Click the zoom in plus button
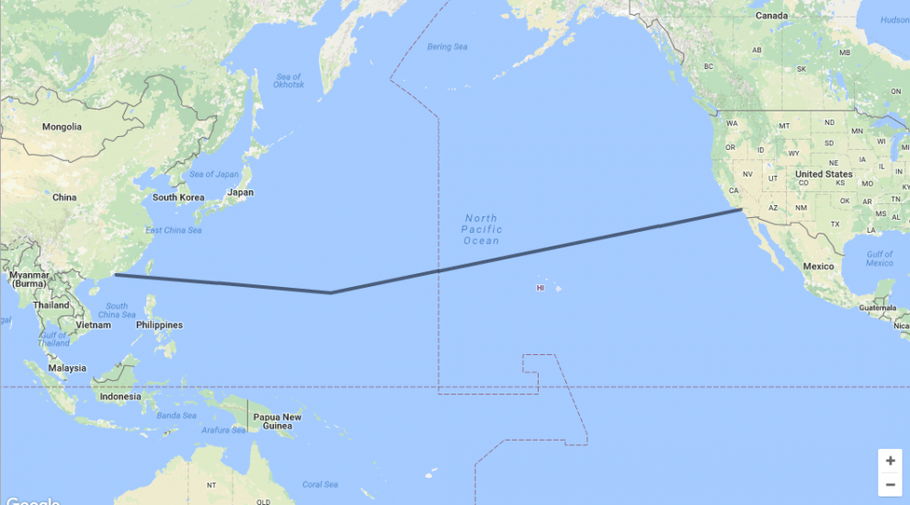890,461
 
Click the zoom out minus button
890,484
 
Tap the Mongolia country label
62,127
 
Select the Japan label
240,192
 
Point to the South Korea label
178,198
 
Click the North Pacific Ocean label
482,229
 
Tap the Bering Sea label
447,47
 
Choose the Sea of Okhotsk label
289,81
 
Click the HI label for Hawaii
540,288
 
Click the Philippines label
159,325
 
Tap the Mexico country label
818,266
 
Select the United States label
824,174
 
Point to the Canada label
771,16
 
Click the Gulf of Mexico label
879,258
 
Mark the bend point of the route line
331,293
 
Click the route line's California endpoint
742,210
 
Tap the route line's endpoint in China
115,274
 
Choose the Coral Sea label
319,484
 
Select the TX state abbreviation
835,224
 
